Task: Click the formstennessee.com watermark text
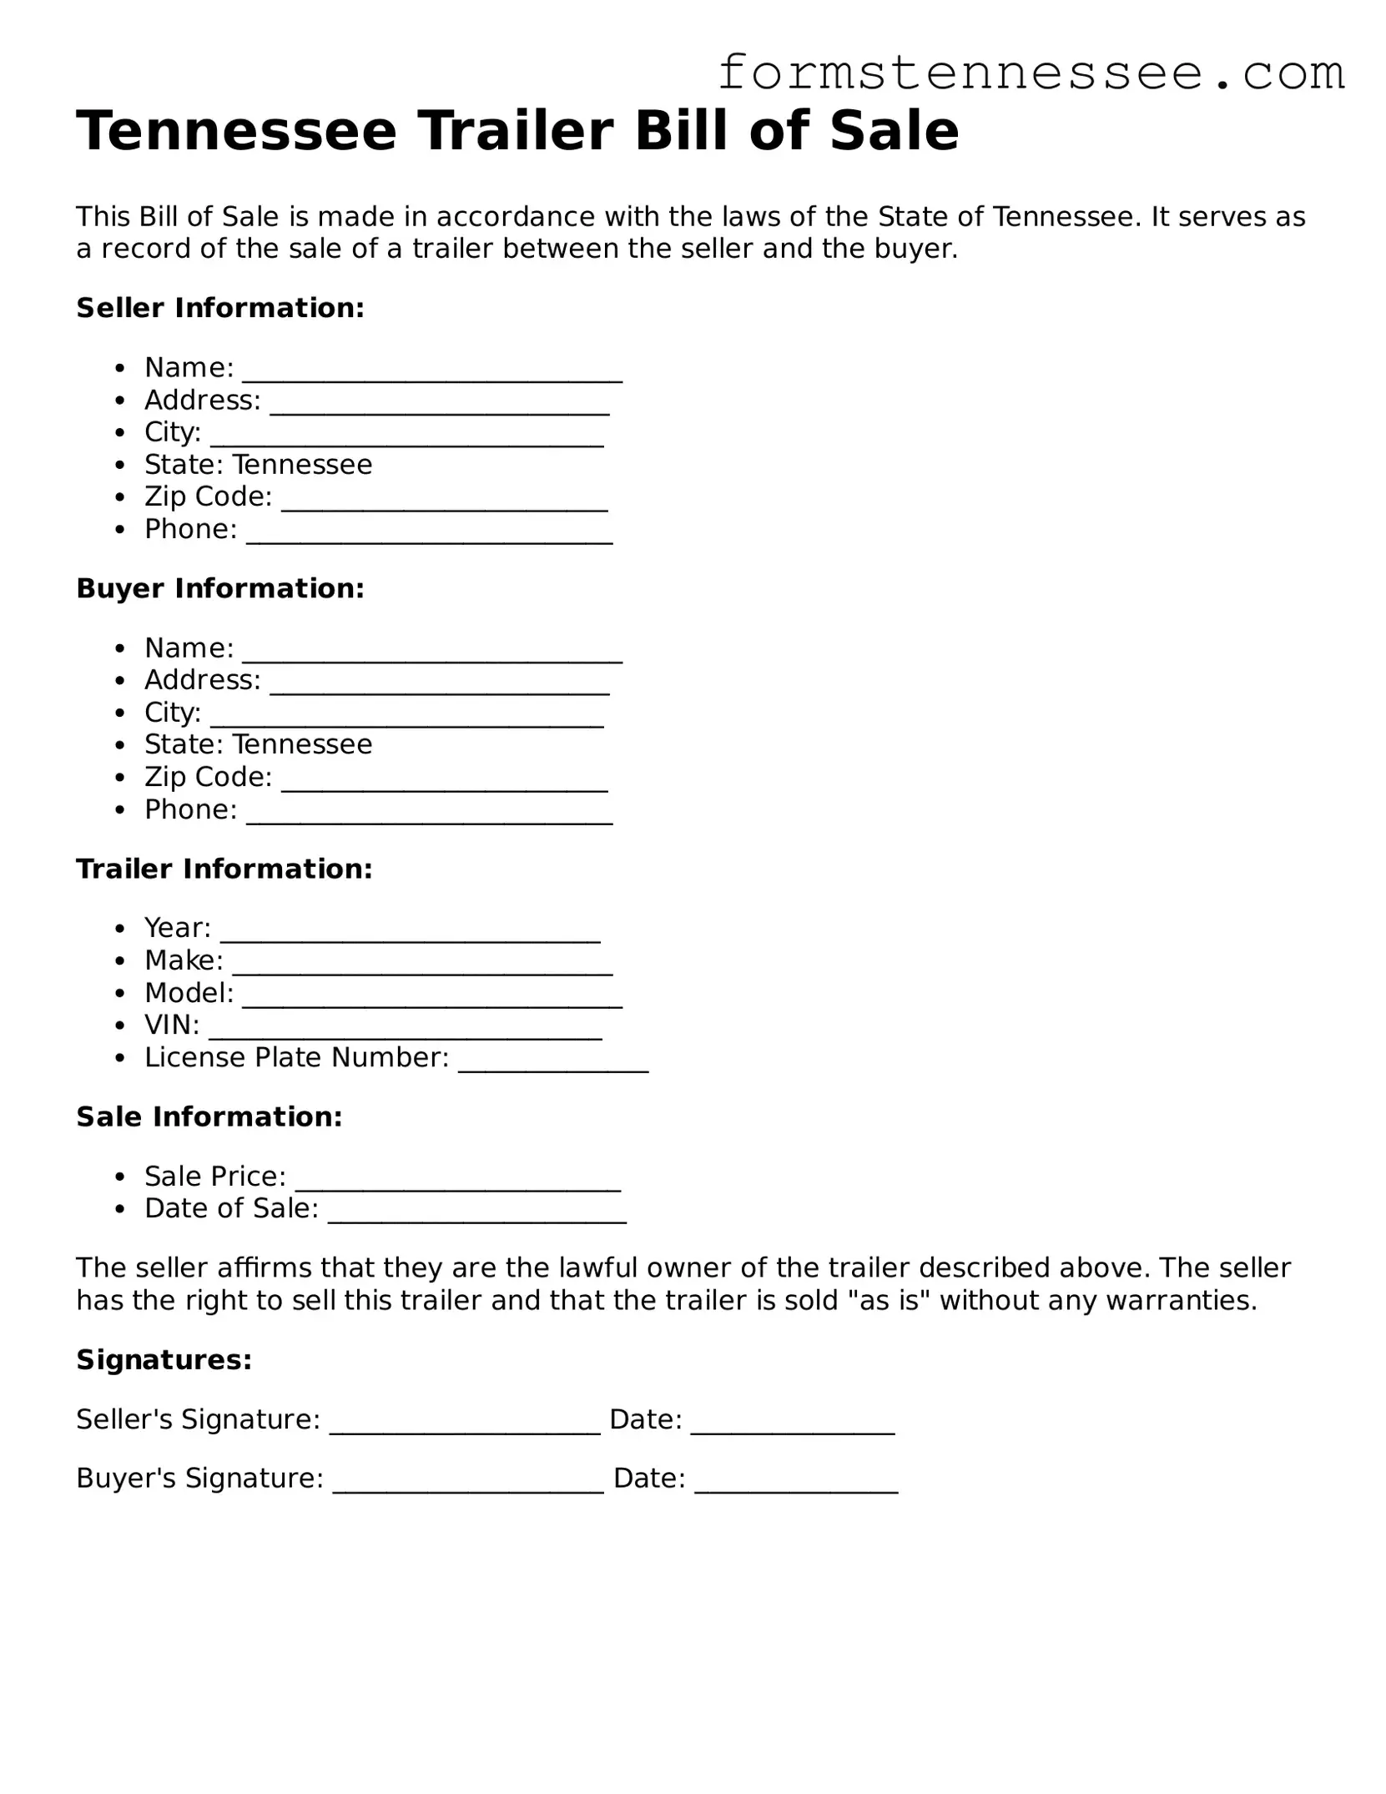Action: coord(1031,73)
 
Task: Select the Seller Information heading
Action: coord(220,308)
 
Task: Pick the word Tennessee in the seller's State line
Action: coord(302,464)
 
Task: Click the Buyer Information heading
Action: coord(220,588)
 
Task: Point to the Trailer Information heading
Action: coord(224,869)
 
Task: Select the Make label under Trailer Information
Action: coord(184,960)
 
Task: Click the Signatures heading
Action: coord(164,1360)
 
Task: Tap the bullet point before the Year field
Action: coord(121,929)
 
